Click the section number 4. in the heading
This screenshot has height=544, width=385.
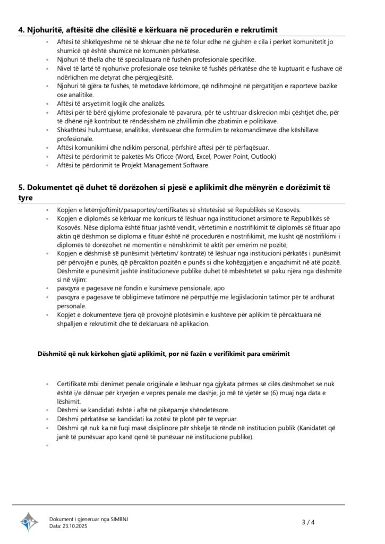pos(22,29)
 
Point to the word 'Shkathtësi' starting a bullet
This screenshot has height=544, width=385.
pos(73,130)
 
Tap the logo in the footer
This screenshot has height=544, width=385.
pos(29,522)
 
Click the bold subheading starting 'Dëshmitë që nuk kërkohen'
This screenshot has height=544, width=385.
pos(164,354)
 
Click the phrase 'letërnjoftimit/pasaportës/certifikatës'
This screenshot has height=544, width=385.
pos(135,210)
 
